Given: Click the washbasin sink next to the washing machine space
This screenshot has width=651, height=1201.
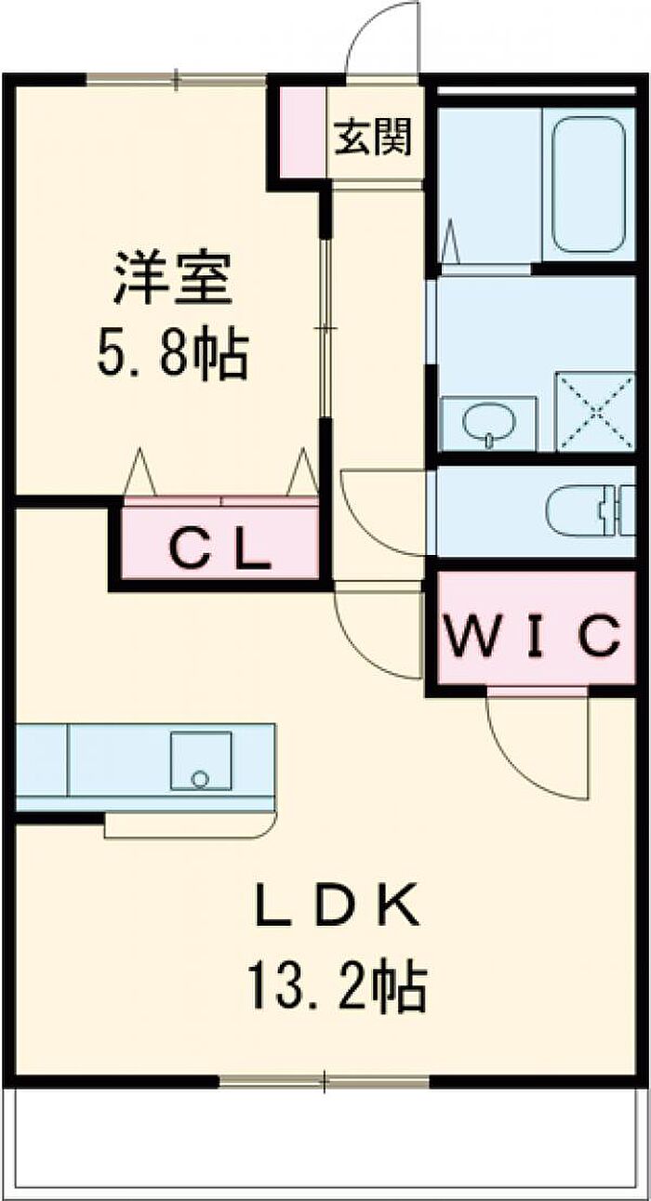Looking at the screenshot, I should (487, 423).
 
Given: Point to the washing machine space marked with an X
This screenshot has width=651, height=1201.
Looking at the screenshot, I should (594, 412).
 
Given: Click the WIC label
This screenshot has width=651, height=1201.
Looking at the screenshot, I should (531, 635).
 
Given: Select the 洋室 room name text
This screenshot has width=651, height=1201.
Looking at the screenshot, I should (172, 277).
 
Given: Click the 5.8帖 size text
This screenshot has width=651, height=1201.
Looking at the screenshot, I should (172, 353).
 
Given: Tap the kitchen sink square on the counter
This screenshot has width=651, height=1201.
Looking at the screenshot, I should (201, 760).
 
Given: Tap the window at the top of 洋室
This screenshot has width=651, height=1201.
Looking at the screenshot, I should (176, 81).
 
